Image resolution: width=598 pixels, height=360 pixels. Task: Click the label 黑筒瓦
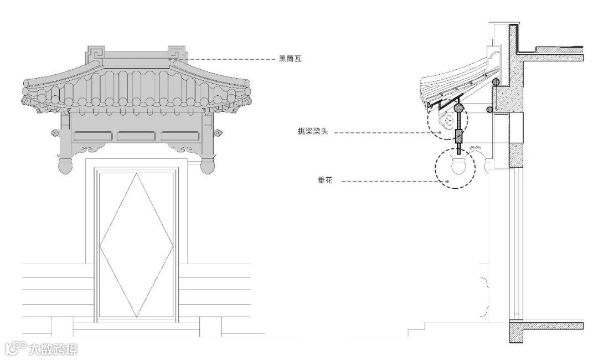pyautogui.click(x=290, y=59)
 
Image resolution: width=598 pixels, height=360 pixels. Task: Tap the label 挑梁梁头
pyautogui.click(x=313, y=132)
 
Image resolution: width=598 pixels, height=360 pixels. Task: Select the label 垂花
pyautogui.click(x=325, y=181)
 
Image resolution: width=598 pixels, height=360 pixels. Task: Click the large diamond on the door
pyautogui.click(x=136, y=244)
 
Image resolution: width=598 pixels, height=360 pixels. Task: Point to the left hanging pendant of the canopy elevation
pyautogui.click(x=65, y=165)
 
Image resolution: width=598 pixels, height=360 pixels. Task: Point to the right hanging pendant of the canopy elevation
pyautogui.click(x=208, y=165)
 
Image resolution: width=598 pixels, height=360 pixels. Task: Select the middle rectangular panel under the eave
pyautogui.click(x=136, y=136)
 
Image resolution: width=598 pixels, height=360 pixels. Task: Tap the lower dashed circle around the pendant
pyautogui.click(x=455, y=168)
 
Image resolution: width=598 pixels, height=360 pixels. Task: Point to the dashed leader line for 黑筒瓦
pyautogui.click(x=233, y=59)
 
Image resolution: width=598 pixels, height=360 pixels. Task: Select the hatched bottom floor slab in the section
pyautogui.click(x=548, y=326)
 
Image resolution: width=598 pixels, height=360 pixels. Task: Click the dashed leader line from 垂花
pyautogui.click(x=388, y=181)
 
